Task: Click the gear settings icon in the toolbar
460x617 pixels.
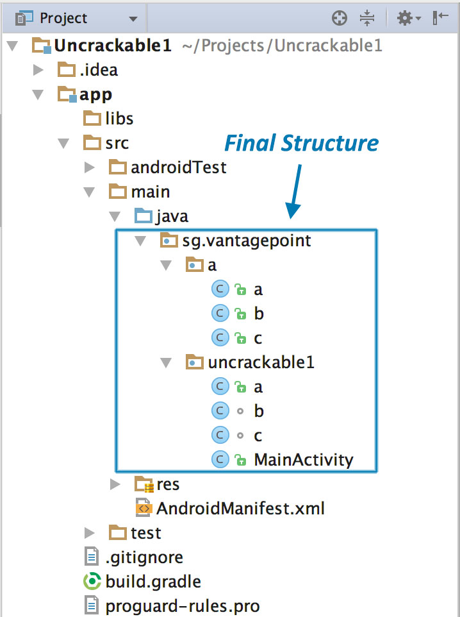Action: coord(406,18)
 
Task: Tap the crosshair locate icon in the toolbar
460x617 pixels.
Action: coord(339,18)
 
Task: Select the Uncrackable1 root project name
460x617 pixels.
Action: coord(113,46)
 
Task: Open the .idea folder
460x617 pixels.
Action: coord(98,69)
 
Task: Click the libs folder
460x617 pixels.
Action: coord(119,119)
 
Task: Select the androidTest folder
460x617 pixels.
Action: coord(178,167)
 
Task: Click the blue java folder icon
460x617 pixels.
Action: coord(142,216)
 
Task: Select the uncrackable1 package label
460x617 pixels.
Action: coord(261,362)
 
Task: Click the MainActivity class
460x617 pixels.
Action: coord(303,459)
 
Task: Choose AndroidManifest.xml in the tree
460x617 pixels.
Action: coord(240,509)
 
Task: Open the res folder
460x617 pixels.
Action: coord(168,484)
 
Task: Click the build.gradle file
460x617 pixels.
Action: coord(153,582)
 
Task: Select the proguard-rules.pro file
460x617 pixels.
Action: coord(182,605)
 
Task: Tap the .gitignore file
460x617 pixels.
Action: coord(144,557)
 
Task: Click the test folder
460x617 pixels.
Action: coord(145,533)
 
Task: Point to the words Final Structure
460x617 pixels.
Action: coord(300,142)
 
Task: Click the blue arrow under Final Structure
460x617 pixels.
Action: coord(295,192)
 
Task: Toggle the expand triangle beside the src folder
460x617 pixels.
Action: coord(63,143)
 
